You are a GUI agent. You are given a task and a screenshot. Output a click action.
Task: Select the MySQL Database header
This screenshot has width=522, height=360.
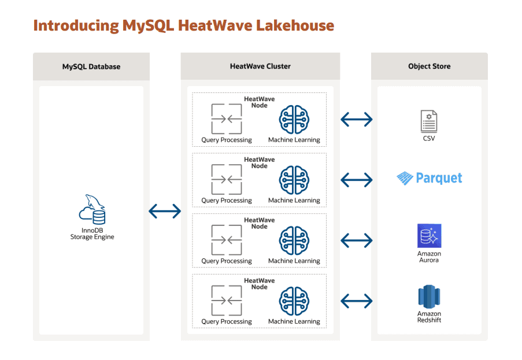pyautogui.click(x=91, y=66)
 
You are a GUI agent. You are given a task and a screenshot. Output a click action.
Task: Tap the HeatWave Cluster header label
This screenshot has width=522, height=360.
pyautogui.click(x=260, y=66)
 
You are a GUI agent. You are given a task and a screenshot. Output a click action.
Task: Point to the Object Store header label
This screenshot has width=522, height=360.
pyautogui.click(x=429, y=66)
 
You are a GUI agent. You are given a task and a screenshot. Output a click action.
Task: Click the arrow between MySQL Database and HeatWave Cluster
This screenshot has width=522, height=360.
pyautogui.click(x=165, y=211)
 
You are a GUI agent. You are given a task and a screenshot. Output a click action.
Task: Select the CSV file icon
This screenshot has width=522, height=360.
pyautogui.click(x=429, y=121)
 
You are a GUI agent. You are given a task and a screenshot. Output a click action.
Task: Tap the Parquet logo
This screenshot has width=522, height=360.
pyautogui.click(x=430, y=178)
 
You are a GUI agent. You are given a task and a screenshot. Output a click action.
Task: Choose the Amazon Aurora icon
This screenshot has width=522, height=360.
pyautogui.click(x=429, y=236)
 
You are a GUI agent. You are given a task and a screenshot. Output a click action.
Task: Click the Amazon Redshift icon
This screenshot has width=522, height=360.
pyautogui.click(x=429, y=296)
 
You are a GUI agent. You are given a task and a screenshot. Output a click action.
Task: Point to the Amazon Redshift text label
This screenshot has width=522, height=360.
pyautogui.click(x=429, y=317)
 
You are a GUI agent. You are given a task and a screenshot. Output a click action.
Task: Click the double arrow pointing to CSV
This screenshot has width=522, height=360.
pyautogui.click(x=357, y=120)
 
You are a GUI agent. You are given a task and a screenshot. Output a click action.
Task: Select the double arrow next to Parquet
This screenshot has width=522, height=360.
pyautogui.click(x=357, y=180)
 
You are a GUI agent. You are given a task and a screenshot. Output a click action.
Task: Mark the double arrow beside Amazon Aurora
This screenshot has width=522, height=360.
pyautogui.click(x=357, y=240)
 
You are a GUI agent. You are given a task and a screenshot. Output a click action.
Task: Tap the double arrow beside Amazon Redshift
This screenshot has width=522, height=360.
pyautogui.click(x=357, y=300)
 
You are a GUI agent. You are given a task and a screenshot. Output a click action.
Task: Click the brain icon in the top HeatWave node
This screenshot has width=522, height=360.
pyautogui.click(x=294, y=120)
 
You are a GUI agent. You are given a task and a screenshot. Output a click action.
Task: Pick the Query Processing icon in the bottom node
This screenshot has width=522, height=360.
pyautogui.click(x=226, y=300)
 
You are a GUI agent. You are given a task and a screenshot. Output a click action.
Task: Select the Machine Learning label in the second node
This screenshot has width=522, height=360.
pyautogui.click(x=294, y=201)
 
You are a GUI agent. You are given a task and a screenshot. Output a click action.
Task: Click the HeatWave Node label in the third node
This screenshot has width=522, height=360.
pyautogui.click(x=260, y=223)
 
